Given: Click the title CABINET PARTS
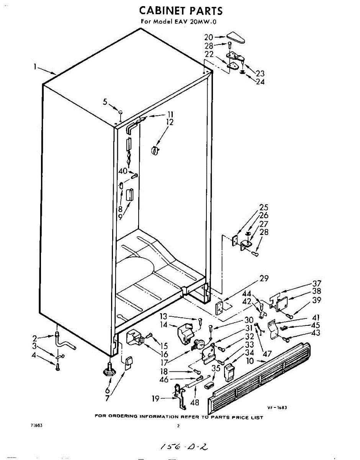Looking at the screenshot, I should (180, 10).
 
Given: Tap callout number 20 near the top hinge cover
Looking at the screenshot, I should (208, 37).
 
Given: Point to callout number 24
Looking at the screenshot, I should (260, 82).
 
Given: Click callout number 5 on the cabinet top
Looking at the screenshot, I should (105, 102).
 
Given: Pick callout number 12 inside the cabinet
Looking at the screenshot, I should (169, 122).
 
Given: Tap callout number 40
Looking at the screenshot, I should (123, 171).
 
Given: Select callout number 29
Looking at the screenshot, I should (264, 279).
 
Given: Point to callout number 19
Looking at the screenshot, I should (155, 399).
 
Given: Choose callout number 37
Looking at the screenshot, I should (316, 284).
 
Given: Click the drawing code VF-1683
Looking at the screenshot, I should (277, 408).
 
